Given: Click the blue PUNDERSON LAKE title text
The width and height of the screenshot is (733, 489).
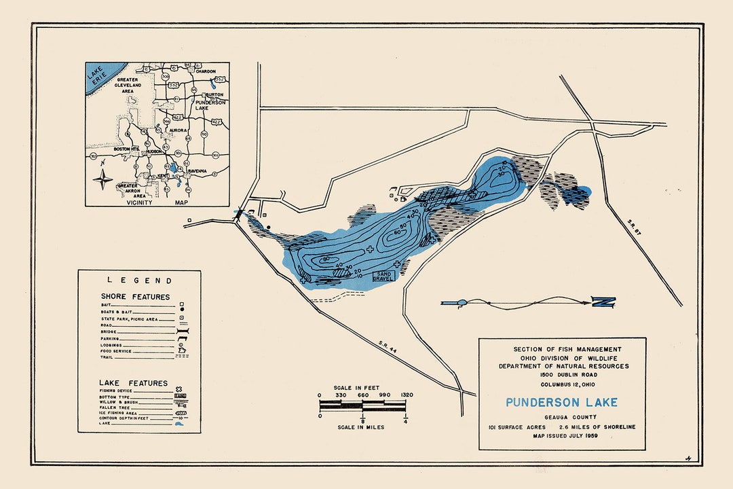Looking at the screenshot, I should pos(561,402).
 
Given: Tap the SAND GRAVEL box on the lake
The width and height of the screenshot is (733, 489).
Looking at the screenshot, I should pos(383,276).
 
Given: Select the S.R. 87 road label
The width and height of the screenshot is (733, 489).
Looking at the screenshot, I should pos(634,225).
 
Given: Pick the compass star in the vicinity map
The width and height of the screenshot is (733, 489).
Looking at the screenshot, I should pos(103,180).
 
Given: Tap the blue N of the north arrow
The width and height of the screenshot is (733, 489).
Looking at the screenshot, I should pos(603,303).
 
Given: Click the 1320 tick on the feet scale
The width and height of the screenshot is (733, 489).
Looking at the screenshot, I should pos(406,395).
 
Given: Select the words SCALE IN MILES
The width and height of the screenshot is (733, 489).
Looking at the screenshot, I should pos(360,427).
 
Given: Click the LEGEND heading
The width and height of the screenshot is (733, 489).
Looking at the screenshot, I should pos(139,280).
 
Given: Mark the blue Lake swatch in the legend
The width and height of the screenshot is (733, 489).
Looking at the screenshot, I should pos(180,424).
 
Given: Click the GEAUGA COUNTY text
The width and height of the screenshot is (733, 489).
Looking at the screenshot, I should pos(561,417).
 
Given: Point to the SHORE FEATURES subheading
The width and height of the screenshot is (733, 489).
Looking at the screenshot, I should pos(135,296).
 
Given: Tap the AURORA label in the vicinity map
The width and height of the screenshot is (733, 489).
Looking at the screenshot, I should pos(178,130).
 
